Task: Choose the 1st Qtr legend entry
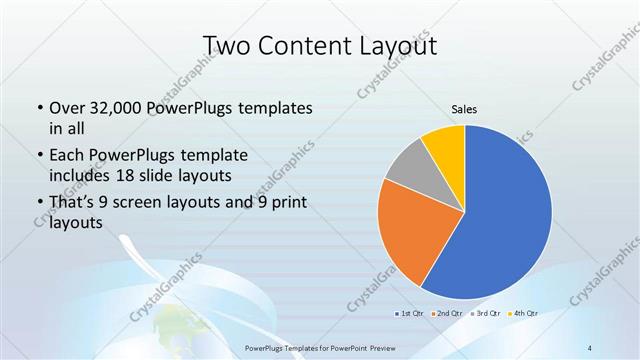[x=410, y=314]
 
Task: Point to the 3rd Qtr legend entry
[x=487, y=314]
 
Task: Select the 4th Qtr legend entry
[x=525, y=314]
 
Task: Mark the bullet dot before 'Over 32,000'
[x=39, y=108]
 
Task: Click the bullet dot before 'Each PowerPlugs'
[x=39, y=156]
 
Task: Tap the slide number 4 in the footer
[x=590, y=347]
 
